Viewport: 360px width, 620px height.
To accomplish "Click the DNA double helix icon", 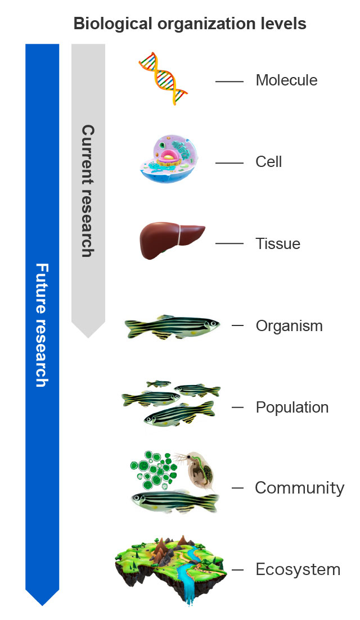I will click(163, 79).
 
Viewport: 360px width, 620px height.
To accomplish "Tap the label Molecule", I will click(286, 80).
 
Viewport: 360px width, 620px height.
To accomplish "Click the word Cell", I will click(268, 162).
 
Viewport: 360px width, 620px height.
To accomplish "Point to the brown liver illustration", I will click(172, 241).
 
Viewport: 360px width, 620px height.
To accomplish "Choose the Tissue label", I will click(278, 244).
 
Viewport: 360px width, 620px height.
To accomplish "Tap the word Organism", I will click(289, 326).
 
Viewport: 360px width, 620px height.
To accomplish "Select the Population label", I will click(292, 407).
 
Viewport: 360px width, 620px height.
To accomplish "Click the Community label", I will click(299, 488).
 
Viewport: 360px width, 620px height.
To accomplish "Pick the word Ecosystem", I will click(298, 569).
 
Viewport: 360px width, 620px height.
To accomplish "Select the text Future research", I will click(42, 325).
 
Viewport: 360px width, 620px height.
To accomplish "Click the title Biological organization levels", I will click(190, 24).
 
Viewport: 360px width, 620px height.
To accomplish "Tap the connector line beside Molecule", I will click(229, 82).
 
